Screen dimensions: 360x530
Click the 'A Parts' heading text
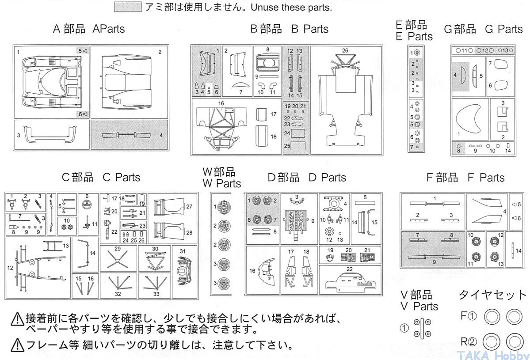(109, 29)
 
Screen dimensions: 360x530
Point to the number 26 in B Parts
(345, 50)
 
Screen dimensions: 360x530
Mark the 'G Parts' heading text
(503, 29)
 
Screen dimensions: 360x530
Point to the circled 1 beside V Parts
(404, 328)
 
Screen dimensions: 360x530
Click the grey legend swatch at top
(128, 7)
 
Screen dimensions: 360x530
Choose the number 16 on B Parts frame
(221, 103)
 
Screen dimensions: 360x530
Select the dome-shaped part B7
(241, 85)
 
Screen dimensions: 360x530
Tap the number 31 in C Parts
(183, 251)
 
